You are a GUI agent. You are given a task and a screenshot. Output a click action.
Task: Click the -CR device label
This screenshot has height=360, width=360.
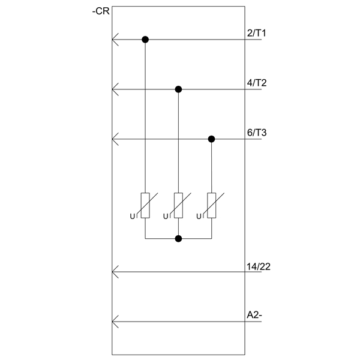coord(101,11)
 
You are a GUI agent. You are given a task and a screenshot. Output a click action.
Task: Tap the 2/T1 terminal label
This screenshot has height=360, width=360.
coord(256,33)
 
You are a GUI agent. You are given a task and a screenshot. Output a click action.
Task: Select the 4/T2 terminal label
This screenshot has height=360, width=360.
coord(257,83)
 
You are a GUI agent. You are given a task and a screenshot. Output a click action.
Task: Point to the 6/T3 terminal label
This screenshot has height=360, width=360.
coord(257,133)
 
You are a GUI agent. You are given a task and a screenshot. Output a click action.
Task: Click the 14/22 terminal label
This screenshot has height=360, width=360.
coord(259,266)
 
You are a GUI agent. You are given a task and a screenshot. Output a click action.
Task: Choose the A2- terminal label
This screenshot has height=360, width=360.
coord(254,315)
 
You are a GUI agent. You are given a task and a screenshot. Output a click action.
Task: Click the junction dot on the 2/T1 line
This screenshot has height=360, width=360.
coord(145,40)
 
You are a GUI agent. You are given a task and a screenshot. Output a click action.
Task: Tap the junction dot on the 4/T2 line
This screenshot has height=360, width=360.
coord(178,89)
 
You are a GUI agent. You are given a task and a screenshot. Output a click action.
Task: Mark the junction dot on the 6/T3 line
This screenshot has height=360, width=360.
coord(211,139)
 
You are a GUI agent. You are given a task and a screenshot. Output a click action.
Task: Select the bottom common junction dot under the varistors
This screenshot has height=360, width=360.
coord(178,239)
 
